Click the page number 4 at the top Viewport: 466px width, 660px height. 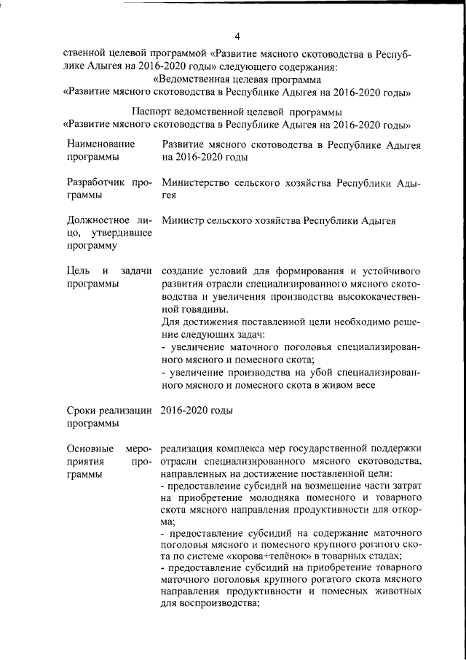(x=237, y=36)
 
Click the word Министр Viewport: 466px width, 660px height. (x=182, y=220)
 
